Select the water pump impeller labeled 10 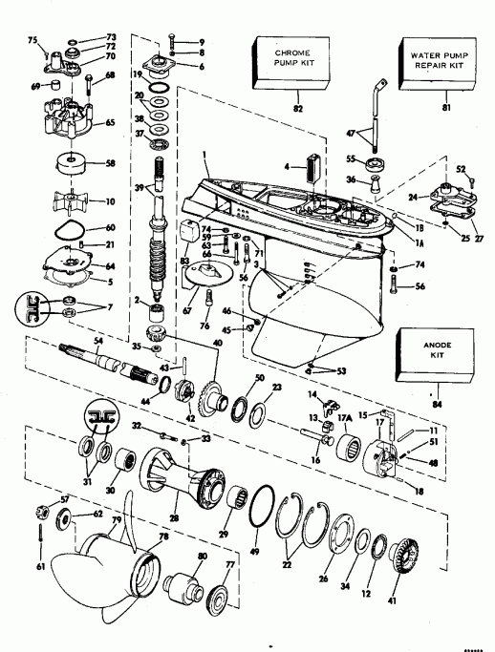pos(72,200)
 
